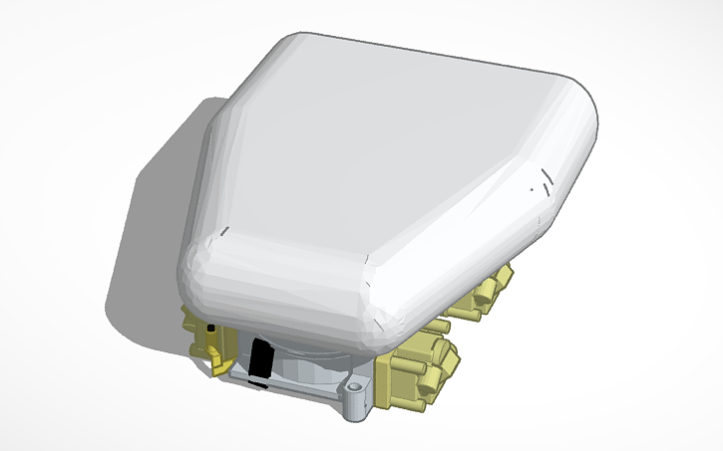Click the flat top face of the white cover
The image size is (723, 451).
pyautogui.click(x=389, y=149)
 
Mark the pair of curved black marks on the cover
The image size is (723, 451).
pyautogui.click(x=543, y=183)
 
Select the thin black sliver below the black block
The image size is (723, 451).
pyautogui.click(x=256, y=381)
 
